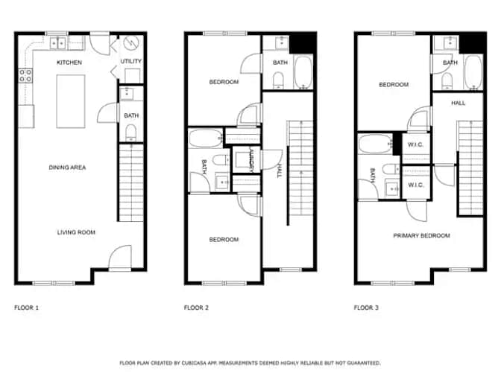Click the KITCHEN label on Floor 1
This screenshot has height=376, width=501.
pos(69,63)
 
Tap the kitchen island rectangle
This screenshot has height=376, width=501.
pos(71,101)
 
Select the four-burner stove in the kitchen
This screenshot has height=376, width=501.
pos(25,75)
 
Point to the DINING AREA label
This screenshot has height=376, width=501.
pos(67,168)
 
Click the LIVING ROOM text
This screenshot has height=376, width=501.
pos(76,232)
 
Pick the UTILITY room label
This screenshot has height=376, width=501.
pos(131,61)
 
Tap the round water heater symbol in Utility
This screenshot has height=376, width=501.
pos(131,42)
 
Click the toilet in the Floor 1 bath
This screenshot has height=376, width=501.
pos(130,132)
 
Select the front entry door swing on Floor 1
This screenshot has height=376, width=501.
pos(120,257)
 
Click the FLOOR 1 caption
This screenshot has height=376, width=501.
pos(27,308)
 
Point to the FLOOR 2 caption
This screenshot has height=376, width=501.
pos(196,308)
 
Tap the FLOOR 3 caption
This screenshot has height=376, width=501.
pos(366,308)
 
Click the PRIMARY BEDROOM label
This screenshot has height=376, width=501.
pos(421,235)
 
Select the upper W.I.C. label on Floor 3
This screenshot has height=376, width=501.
pos(415,144)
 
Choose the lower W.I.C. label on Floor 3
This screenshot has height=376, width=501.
pos(415,185)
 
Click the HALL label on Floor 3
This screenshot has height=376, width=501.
pos(458,103)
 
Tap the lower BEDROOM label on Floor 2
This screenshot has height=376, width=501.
pos(224,240)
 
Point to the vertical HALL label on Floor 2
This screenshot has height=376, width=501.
pos(280,171)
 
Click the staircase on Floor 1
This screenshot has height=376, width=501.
pos(131,182)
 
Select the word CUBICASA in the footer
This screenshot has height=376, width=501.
pos(193,363)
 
